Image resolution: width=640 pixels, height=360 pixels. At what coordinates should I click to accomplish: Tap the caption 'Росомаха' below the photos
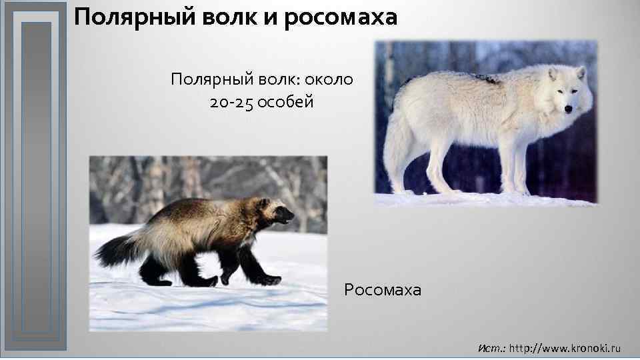coord(383,290)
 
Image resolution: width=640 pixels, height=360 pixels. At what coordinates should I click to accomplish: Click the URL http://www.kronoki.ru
coord(565,348)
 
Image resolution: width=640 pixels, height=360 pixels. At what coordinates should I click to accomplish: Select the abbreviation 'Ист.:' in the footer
coord(492,348)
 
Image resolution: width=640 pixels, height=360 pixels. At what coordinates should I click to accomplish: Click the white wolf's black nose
coord(568,109)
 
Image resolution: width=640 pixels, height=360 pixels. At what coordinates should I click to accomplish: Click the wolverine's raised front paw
coord(269,279)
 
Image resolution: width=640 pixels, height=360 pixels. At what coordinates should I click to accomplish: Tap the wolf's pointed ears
coord(566,72)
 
